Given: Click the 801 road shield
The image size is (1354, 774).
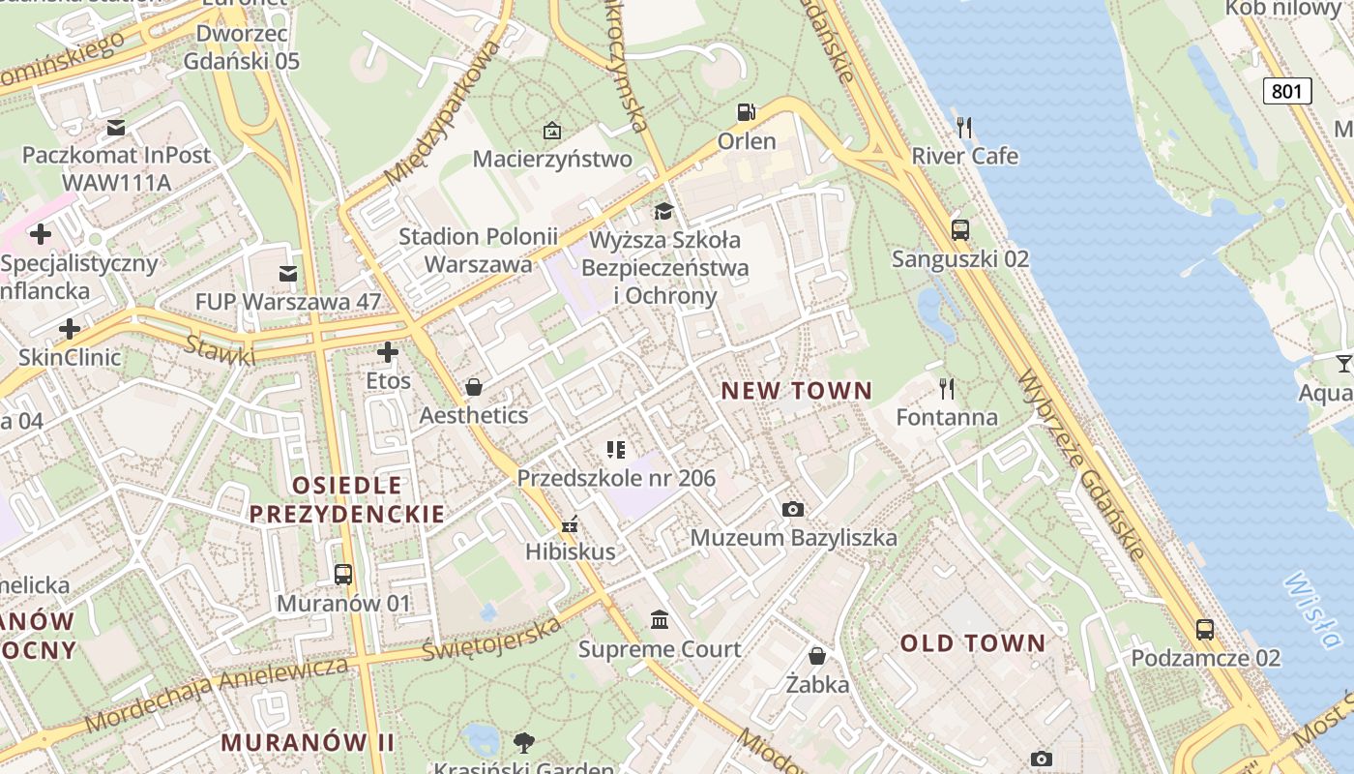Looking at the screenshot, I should (x=1287, y=91).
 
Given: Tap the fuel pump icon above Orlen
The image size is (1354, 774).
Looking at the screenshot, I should (x=746, y=112).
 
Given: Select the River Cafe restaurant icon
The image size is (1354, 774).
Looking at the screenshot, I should (x=963, y=127).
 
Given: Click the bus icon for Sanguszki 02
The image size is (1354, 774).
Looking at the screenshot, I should (x=959, y=230).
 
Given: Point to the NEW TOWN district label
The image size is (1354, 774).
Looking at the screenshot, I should (x=797, y=391).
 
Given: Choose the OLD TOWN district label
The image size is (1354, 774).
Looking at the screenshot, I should (x=973, y=643).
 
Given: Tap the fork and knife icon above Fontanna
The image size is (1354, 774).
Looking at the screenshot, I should (x=947, y=389).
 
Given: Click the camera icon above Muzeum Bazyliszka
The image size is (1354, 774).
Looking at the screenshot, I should (x=793, y=509).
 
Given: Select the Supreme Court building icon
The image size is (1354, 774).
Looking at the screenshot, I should (x=660, y=619).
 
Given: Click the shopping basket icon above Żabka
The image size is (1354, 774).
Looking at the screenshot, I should (x=817, y=656).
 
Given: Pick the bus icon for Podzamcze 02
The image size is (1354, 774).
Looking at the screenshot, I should (x=1205, y=630).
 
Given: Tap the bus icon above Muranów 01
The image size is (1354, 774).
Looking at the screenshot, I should (x=343, y=575).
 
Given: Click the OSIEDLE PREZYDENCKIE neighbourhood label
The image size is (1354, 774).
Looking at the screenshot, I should (x=347, y=499).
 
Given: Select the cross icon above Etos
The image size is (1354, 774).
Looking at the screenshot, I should (x=388, y=352).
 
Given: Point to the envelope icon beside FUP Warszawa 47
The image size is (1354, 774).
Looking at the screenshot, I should (x=288, y=274).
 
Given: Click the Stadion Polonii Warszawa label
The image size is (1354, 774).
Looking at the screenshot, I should (x=479, y=250).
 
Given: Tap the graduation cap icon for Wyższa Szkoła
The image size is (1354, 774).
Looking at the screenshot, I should (x=663, y=212).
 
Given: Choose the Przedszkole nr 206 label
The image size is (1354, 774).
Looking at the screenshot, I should (x=616, y=478).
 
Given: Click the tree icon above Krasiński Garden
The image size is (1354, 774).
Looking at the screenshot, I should (x=524, y=743).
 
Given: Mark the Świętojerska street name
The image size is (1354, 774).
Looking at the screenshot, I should (x=492, y=640).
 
